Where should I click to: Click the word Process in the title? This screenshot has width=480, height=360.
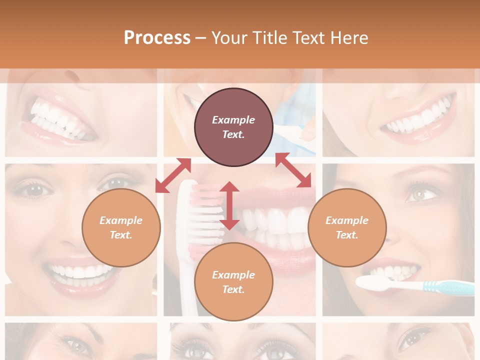[x=157, y=37]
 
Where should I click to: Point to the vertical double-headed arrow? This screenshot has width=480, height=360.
[x=229, y=205]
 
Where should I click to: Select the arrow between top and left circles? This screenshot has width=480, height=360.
[x=173, y=175]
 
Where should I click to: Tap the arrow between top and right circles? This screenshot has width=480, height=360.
[x=293, y=170]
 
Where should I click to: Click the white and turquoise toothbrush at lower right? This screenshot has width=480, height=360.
[x=415, y=285]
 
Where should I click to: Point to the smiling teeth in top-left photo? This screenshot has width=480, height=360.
[x=57, y=120]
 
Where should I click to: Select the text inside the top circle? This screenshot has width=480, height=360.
[x=233, y=127]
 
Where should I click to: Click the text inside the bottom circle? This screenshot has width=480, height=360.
[x=233, y=282]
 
